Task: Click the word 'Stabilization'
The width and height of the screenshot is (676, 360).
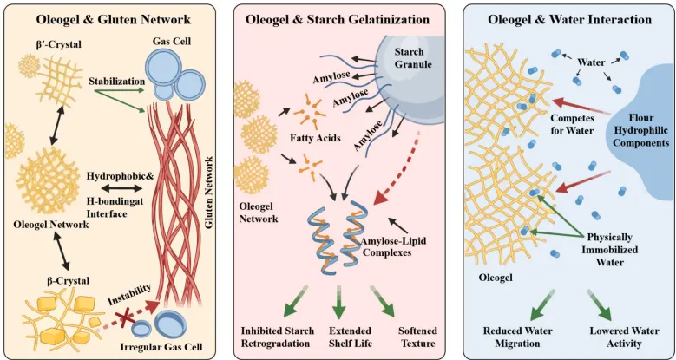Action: point(116,81)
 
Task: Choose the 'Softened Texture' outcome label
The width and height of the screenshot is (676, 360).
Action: point(417,337)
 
